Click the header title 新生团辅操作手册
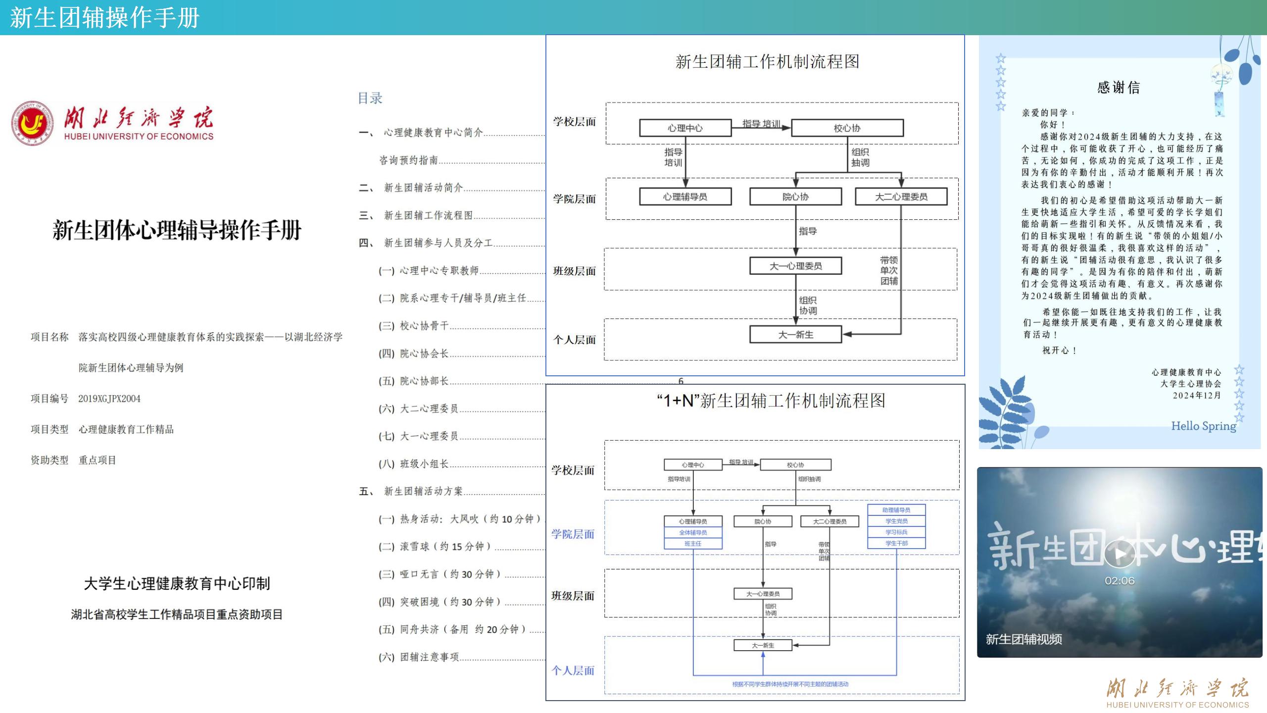104,18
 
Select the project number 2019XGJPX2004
109,399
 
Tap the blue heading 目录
370,98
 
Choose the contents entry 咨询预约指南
408,160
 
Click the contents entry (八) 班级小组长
414,464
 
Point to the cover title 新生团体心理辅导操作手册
177,230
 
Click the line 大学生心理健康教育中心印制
177,583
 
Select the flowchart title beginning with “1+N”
771,401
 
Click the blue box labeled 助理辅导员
896,510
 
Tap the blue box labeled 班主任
693,544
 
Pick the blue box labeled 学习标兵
896,532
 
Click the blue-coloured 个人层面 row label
573,670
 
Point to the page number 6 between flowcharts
681,381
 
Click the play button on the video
1120,554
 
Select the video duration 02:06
1120,581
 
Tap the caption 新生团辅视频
1023,639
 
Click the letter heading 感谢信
1118,88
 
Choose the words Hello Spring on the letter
1203,426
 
